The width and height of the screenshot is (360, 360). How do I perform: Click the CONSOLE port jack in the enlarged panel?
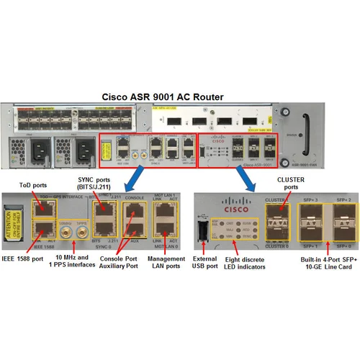coord(134,211)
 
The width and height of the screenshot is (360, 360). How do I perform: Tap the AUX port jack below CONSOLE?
coord(134,232)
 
